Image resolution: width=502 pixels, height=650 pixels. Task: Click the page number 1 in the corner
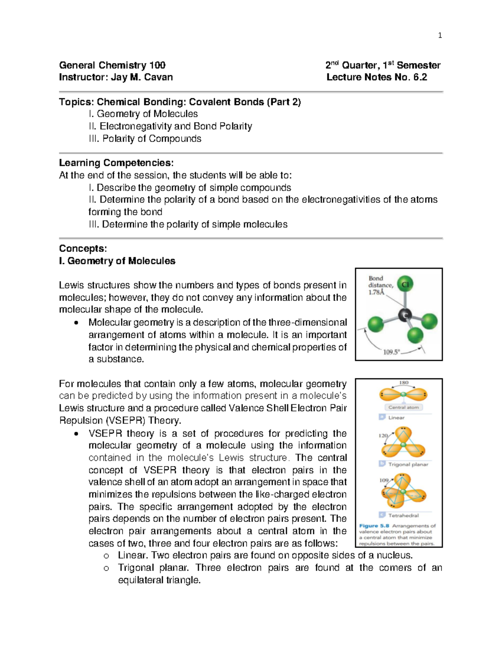point(440,36)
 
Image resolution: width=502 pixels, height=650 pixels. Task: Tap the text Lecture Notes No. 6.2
point(376,77)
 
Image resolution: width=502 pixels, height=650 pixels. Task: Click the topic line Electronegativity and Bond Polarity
point(175,126)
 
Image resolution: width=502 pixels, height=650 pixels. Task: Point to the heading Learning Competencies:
point(116,163)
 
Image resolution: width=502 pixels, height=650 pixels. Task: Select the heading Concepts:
point(83,249)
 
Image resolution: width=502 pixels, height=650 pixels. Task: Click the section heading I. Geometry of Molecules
point(117,261)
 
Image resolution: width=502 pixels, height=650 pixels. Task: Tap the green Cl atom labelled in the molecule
point(405,285)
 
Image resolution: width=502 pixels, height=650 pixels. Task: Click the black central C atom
point(405,315)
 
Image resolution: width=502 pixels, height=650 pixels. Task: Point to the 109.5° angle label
point(392,352)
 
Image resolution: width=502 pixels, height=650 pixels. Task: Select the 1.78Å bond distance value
point(376,293)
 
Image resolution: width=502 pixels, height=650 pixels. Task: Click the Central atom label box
point(403,407)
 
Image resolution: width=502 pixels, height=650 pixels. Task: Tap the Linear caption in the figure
point(396,417)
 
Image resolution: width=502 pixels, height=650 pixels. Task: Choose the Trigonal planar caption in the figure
point(408,464)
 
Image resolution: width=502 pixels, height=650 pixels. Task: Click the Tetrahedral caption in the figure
point(403,515)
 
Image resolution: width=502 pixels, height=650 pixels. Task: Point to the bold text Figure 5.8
point(374,526)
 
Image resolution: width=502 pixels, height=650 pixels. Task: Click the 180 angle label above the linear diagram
point(403,383)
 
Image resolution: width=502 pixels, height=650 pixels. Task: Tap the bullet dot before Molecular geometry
point(76,323)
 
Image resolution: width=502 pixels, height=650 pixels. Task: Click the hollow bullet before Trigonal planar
point(106,568)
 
